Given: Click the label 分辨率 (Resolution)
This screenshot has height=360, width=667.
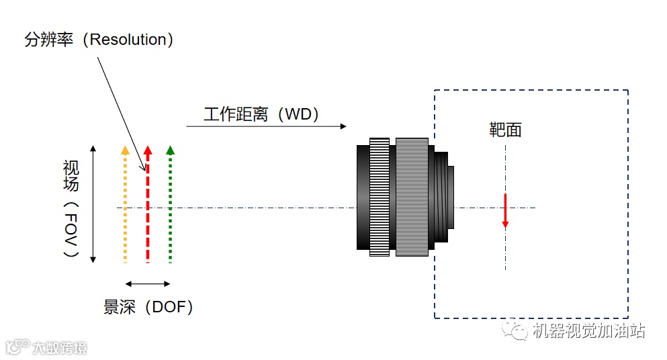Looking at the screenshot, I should tap(99, 40).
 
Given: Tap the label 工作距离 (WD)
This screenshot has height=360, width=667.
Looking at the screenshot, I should tap(261, 114).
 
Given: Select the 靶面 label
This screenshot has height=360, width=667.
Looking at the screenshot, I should tap(505, 130).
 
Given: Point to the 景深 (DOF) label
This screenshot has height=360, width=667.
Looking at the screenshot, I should tap(148, 307).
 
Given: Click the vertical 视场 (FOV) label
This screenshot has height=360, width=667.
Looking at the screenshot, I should tap(71, 208).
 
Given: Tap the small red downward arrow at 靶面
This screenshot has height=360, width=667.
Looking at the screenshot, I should tap(505, 212).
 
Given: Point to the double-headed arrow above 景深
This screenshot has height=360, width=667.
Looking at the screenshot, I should tap(148, 283).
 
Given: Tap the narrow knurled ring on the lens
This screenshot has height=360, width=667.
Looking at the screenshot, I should tap(379, 196).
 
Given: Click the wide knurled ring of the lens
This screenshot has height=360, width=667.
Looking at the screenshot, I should tap(411, 196).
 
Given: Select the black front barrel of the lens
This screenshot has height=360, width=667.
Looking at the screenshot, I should tap(362, 196).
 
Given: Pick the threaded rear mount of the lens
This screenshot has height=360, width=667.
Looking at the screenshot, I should tap(443, 196).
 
